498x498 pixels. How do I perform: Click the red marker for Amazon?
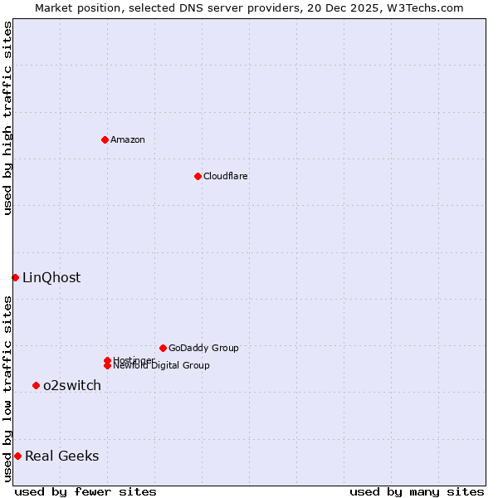[x=105, y=139]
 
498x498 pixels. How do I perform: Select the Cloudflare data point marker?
[x=198, y=176]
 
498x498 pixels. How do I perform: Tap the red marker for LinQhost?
[x=15, y=277]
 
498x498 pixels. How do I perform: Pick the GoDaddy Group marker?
[x=163, y=348]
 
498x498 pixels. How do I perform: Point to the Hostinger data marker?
[x=107, y=360]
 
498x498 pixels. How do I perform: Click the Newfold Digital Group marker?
[x=107, y=365]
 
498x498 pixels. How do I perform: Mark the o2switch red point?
[x=36, y=385]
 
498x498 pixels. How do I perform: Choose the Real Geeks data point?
[x=17, y=456]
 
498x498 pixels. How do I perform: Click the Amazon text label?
[x=128, y=139]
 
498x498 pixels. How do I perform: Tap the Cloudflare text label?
[x=225, y=176]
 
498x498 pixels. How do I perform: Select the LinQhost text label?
[x=51, y=277]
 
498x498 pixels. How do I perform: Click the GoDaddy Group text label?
[x=203, y=348]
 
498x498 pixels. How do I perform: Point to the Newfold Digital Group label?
[x=161, y=365]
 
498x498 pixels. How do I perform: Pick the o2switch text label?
[x=72, y=385]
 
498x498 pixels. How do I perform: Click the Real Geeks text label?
[x=61, y=456]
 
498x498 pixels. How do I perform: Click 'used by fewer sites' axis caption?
[x=85, y=491]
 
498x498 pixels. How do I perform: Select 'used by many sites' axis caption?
[x=417, y=491]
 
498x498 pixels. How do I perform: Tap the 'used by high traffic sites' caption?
[x=7, y=118]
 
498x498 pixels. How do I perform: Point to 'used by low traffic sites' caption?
[x=7, y=388]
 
